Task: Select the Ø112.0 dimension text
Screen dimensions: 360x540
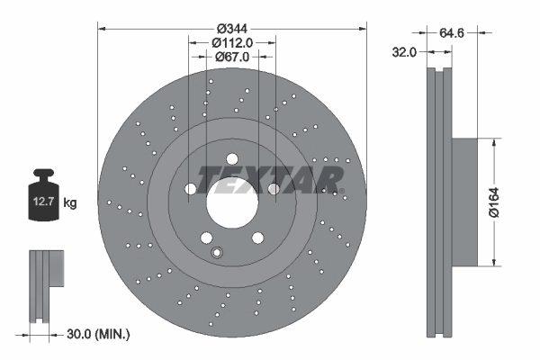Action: click(x=232, y=41)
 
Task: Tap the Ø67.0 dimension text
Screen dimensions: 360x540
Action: click(x=232, y=57)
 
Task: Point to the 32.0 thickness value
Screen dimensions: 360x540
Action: click(x=404, y=52)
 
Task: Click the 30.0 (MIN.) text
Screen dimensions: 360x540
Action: click(x=98, y=335)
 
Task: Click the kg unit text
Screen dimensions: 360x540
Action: click(x=70, y=203)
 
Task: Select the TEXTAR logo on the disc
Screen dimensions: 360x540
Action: click(x=270, y=178)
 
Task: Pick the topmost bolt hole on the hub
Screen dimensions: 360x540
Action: click(x=232, y=159)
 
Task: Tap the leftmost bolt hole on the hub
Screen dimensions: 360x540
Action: click(x=191, y=189)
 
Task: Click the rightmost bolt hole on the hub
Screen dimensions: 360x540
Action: click(x=274, y=189)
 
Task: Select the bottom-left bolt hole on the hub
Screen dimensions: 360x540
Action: click(x=207, y=238)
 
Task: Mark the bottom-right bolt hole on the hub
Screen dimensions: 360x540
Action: click(x=257, y=238)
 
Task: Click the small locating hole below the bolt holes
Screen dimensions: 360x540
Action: click(x=215, y=253)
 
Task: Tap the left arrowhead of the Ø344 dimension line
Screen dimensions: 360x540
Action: click(x=102, y=29)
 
